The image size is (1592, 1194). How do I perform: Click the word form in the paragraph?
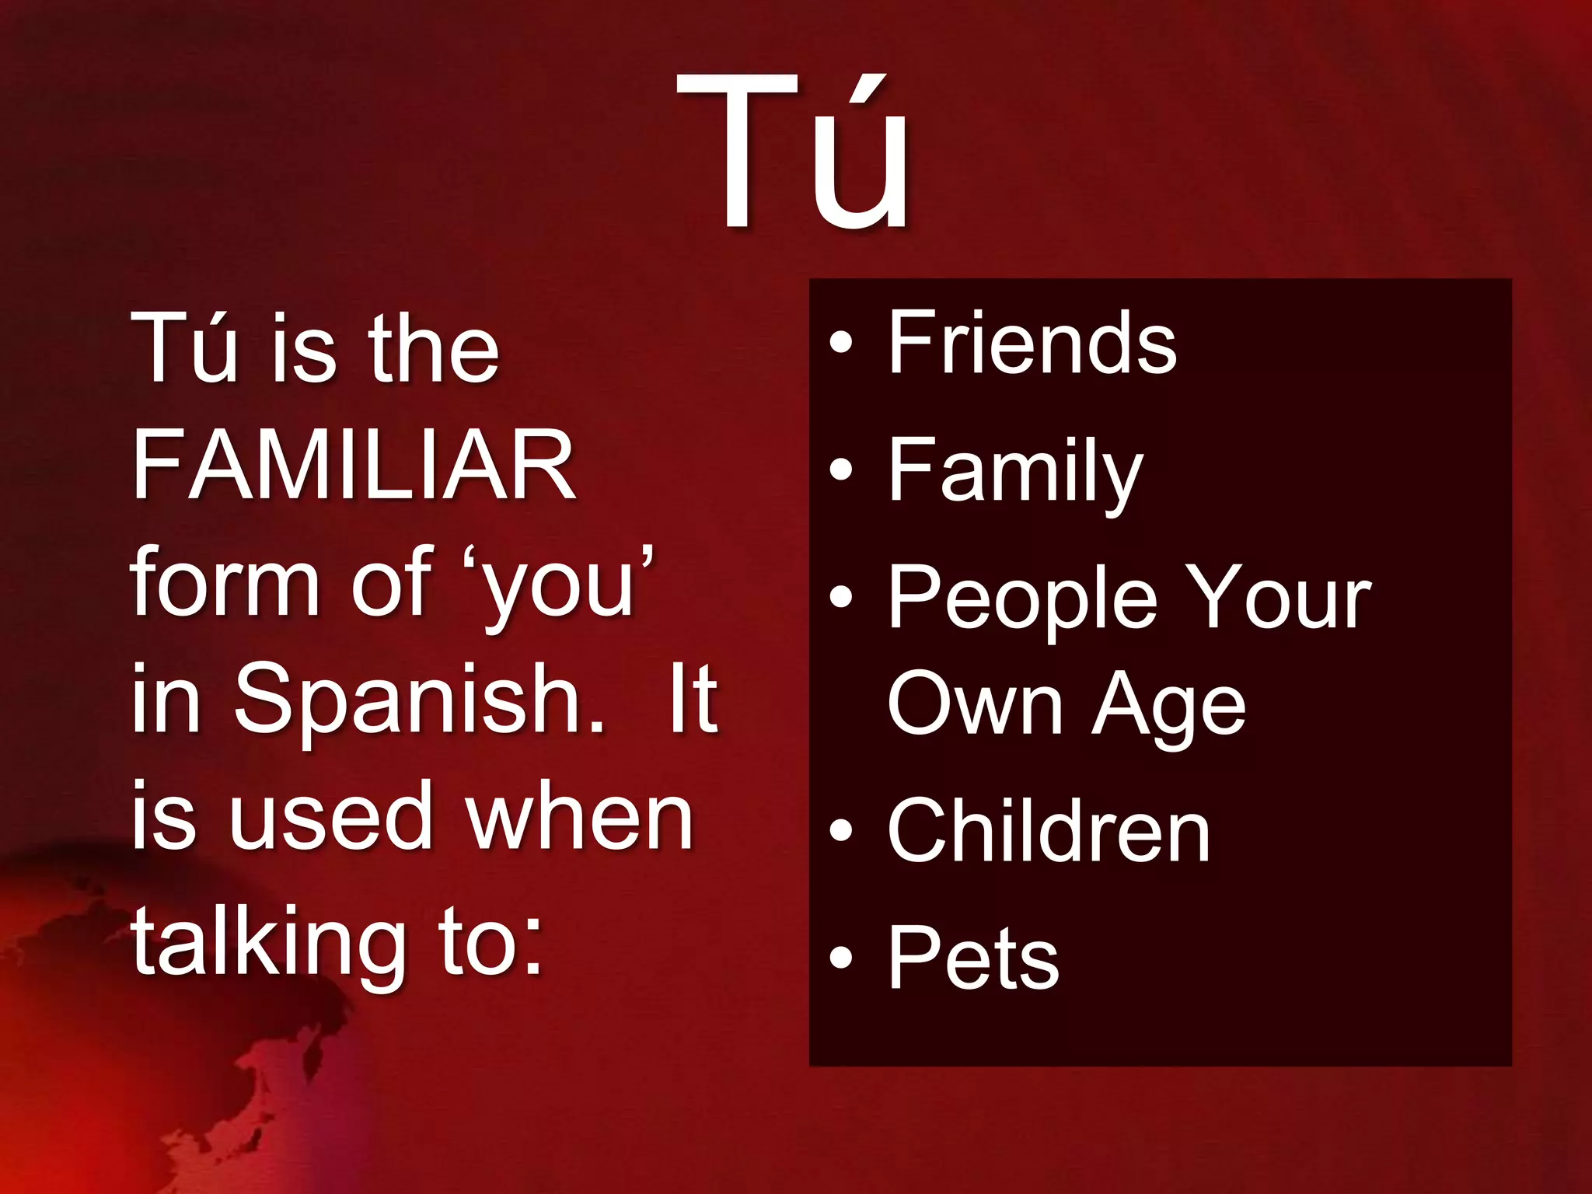225,583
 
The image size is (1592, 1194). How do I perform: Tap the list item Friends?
1032,342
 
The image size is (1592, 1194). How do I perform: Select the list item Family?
1015,471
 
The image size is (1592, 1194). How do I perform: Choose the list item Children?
1049,832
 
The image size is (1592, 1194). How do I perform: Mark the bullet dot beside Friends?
841,343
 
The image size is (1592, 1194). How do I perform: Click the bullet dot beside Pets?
841,957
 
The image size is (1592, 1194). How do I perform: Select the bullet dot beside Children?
841,830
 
